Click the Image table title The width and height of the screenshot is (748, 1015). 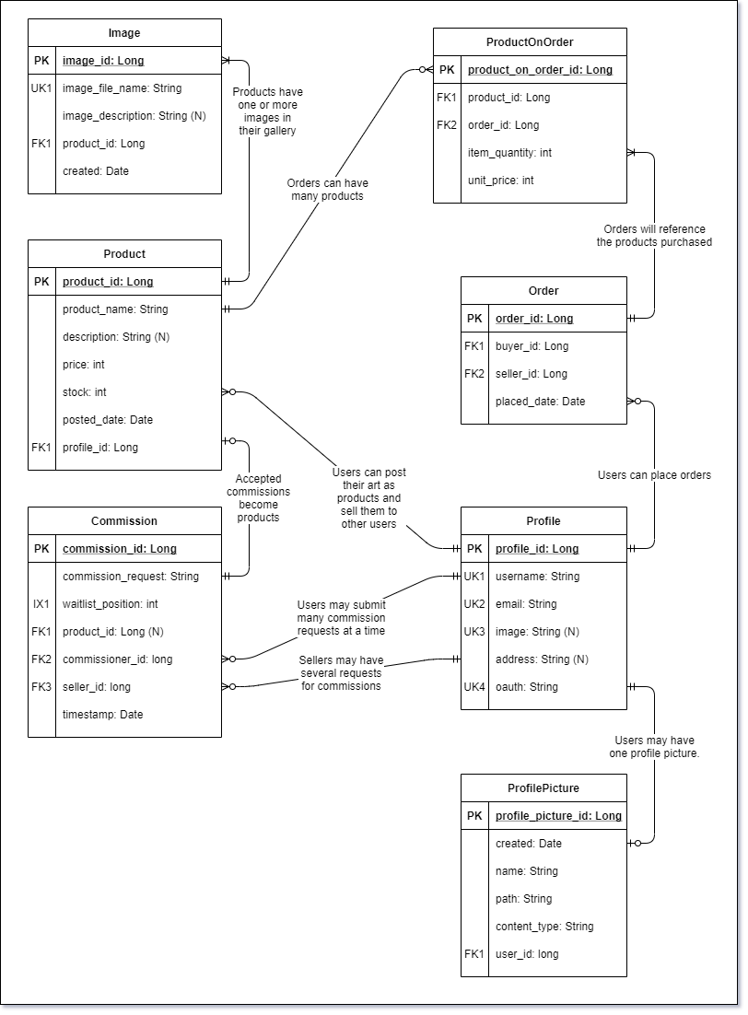[x=124, y=33]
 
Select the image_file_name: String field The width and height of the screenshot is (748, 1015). [x=122, y=88]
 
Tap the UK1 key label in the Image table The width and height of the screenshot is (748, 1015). [x=41, y=88]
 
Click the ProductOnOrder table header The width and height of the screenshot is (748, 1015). [x=530, y=42]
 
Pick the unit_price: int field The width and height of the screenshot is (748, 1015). [x=501, y=181]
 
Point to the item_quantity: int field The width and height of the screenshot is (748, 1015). [x=509, y=153]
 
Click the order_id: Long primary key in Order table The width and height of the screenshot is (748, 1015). [x=534, y=319]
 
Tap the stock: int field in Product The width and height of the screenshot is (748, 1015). [x=85, y=392]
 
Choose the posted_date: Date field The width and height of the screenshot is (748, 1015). [x=108, y=420]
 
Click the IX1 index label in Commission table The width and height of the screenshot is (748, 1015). [x=41, y=604]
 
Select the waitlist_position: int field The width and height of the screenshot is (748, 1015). [x=111, y=604]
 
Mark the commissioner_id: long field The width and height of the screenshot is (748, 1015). [x=117, y=659]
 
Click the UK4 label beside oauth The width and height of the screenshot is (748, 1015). [x=474, y=687]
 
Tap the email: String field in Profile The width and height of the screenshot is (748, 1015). [x=526, y=604]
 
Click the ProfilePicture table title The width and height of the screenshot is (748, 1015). [x=543, y=788]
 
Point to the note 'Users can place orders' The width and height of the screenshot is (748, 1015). [x=654, y=475]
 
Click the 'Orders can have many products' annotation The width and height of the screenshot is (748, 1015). [x=327, y=190]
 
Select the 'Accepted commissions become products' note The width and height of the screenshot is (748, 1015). [x=258, y=498]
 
